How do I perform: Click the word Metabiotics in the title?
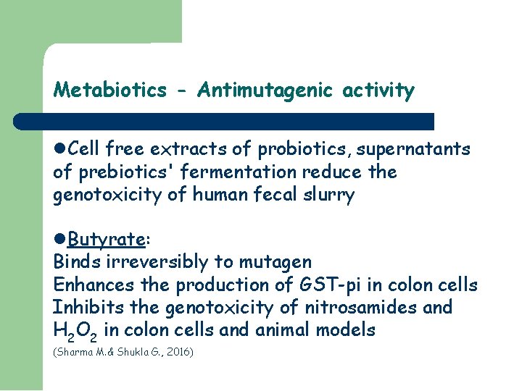point(109,91)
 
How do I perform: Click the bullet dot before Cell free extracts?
point(60,150)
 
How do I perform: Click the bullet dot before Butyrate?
point(60,240)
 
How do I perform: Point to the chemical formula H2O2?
point(75,331)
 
